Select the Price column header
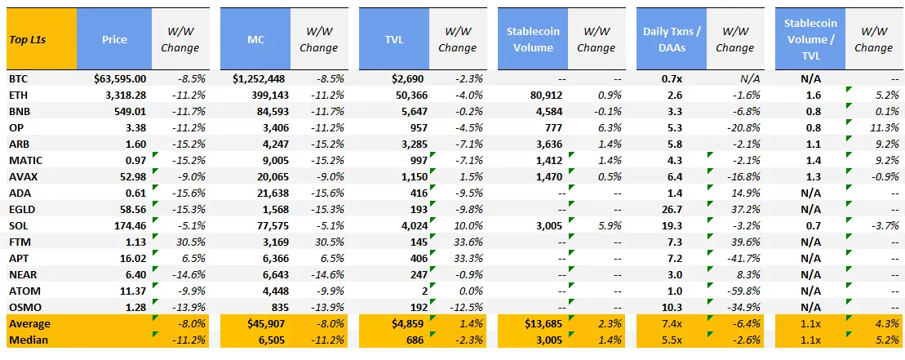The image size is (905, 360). pyautogui.click(x=114, y=39)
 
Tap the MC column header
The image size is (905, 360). pyautogui.click(x=255, y=39)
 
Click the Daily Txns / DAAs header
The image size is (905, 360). pyautogui.click(x=672, y=39)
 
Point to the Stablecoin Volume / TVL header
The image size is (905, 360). pyautogui.click(x=810, y=39)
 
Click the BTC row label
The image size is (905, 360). pyautogui.click(x=19, y=78)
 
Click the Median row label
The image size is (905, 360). pyautogui.click(x=29, y=340)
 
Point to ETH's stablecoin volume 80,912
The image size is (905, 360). pyautogui.click(x=547, y=95)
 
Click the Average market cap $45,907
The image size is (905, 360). pyautogui.click(x=267, y=323)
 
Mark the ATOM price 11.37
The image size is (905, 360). pyautogui.click(x=134, y=291)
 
